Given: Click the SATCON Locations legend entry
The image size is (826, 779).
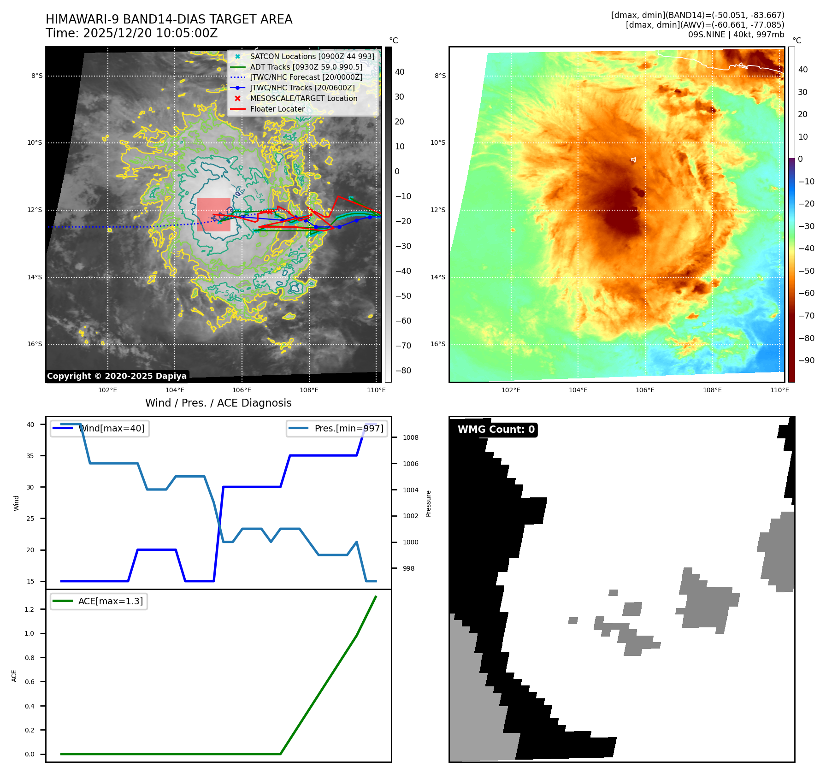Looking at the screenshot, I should click(312, 56).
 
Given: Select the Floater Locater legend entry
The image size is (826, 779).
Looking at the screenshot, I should click(277, 109).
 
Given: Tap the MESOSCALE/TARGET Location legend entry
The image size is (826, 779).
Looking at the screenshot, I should click(303, 98).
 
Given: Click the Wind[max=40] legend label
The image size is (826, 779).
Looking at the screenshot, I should click(112, 428).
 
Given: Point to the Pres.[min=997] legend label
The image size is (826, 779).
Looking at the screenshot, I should click(348, 428).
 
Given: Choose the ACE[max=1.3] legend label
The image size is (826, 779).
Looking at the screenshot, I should click(111, 601).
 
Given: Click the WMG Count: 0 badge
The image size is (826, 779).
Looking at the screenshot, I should click(496, 430).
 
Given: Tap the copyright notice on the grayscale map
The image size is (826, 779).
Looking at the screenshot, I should click(117, 376).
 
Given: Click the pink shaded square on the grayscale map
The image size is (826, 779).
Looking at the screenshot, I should click(213, 214).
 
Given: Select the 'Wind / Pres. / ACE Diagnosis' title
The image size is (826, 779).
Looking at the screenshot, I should click(218, 403).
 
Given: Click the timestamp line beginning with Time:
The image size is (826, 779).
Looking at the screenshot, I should click(131, 34).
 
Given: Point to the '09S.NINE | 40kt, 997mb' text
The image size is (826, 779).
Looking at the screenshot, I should click(736, 35).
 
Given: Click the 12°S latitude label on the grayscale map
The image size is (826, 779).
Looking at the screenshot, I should click(35, 210).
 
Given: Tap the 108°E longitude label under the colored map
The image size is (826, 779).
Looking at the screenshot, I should click(712, 390).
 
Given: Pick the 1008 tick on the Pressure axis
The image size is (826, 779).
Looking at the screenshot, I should click(410, 437).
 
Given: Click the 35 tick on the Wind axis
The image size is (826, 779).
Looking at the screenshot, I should click(30, 455).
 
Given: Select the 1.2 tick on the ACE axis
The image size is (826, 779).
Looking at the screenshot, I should click(29, 609).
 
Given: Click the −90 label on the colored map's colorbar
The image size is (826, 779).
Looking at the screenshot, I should click(806, 360).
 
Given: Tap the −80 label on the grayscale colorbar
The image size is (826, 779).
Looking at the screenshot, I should click(403, 371).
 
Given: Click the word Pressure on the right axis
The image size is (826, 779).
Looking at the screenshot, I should click(428, 503).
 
